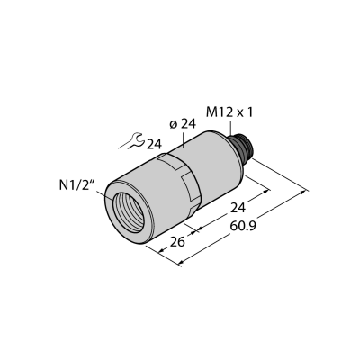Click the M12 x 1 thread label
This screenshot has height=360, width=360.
click(x=229, y=112)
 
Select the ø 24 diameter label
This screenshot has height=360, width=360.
click(x=183, y=124)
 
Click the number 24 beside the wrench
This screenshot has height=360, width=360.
click(x=154, y=145)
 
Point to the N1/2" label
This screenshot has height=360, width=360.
click(x=76, y=186)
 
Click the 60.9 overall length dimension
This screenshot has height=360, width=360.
click(x=243, y=226)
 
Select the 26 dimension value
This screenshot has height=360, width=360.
click(x=177, y=241)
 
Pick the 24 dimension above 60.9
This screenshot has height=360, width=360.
click(x=238, y=208)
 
